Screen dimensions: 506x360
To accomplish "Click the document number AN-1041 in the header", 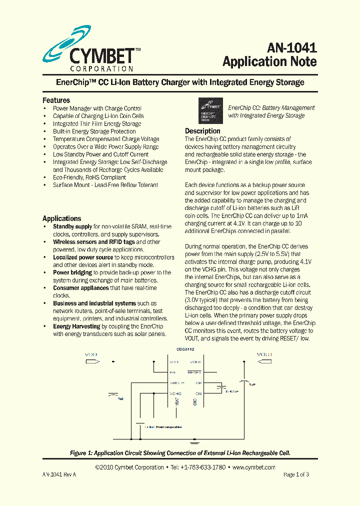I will pyautogui.click(x=291, y=47).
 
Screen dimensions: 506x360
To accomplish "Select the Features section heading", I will pyautogui.click(x=56, y=100).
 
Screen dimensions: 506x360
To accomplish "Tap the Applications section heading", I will pyautogui.click(x=61, y=218).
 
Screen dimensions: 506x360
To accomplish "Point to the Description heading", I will pyautogui.click(x=202, y=131).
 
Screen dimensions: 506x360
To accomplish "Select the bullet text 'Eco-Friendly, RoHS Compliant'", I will pyautogui.click(x=89, y=177).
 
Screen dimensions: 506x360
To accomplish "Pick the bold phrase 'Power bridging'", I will pyautogui.click(x=72, y=272).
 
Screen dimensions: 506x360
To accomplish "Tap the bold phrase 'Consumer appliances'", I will pyautogui.click(x=80, y=288).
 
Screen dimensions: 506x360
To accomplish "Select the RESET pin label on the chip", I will pyautogui.click(x=194, y=372).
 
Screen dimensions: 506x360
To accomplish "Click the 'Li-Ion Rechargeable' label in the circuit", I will pyautogui.click(x=162, y=427).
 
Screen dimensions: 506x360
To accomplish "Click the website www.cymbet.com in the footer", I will pyautogui.click(x=254, y=467).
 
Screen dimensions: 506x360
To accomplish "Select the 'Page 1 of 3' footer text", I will pyautogui.click(x=296, y=474).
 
